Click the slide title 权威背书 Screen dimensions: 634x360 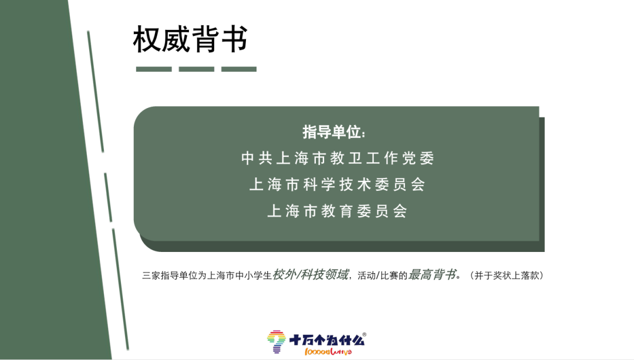pyautogui.click(x=190, y=39)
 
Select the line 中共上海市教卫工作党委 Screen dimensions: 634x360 pyautogui.click(x=338, y=158)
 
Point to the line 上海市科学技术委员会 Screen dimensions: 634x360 pyautogui.click(x=337, y=184)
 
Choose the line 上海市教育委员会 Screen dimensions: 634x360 pyautogui.click(x=337, y=211)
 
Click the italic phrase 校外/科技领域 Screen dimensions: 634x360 pyautogui.click(x=310, y=275)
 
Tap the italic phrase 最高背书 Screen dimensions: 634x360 pyautogui.click(x=432, y=275)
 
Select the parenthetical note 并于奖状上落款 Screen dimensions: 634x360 pyautogui.click(x=507, y=275)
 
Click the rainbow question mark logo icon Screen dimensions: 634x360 pyautogui.click(x=276, y=342)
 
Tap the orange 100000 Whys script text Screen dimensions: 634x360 pyautogui.click(x=328, y=352)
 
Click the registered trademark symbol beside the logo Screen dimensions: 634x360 pyautogui.click(x=365, y=335)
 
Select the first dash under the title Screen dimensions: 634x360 pyautogui.click(x=154, y=69)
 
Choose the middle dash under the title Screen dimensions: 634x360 pyautogui.click(x=197, y=69)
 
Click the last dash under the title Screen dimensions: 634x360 pyautogui.click(x=239, y=69)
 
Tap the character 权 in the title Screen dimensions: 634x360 pyautogui.click(x=147, y=39)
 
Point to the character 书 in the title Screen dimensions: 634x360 pyautogui.click(x=234, y=39)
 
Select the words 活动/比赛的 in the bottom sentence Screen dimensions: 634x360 pyautogui.click(x=382, y=276)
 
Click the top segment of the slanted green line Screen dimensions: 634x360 pyautogui.click(x=96, y=92)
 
